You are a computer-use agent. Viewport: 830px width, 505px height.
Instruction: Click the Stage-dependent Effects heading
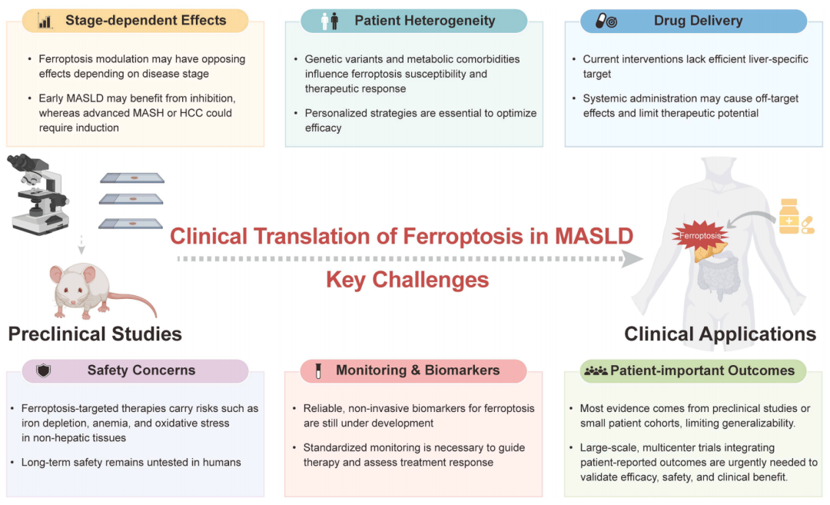145,20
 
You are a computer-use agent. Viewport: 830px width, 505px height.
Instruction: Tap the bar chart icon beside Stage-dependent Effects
45,22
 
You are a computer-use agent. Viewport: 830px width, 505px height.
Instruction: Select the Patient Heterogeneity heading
424,21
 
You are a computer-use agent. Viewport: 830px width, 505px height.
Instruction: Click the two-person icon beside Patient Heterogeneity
330,22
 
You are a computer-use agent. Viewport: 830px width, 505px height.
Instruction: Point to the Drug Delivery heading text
698,21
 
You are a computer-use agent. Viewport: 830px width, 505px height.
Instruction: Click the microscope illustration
38,194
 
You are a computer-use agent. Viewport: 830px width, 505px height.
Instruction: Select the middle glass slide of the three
131,199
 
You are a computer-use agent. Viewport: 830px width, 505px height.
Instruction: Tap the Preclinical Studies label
95,334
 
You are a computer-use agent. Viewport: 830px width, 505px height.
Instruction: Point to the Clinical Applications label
720,334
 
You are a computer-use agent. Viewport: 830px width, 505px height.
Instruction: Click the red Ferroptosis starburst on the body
700,235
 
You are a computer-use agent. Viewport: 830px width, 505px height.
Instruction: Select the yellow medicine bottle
788,216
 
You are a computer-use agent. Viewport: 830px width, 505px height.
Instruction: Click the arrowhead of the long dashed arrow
632,259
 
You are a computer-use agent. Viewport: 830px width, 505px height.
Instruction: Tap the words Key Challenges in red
407,280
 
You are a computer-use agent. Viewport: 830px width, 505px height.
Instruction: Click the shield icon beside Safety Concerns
43,370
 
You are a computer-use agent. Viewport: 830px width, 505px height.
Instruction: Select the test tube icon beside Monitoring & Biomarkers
318,370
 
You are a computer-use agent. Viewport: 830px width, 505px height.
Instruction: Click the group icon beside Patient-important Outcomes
596,370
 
